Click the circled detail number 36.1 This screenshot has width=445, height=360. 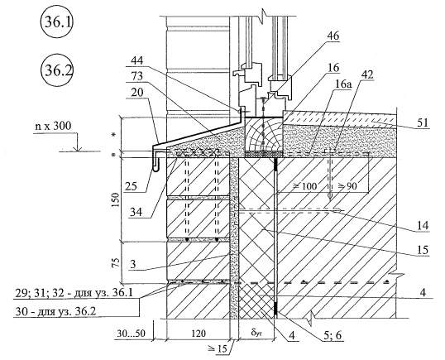(x=57, y=22)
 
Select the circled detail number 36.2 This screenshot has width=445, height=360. (x=57, y=70)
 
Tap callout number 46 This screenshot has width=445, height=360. (x=333, y=36)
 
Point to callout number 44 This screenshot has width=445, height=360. (x=137, y=60)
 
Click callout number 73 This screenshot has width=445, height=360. (x=137, y=76)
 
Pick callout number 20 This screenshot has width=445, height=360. (x=137, y=92)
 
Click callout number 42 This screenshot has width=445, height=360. (x=366, y=74)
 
